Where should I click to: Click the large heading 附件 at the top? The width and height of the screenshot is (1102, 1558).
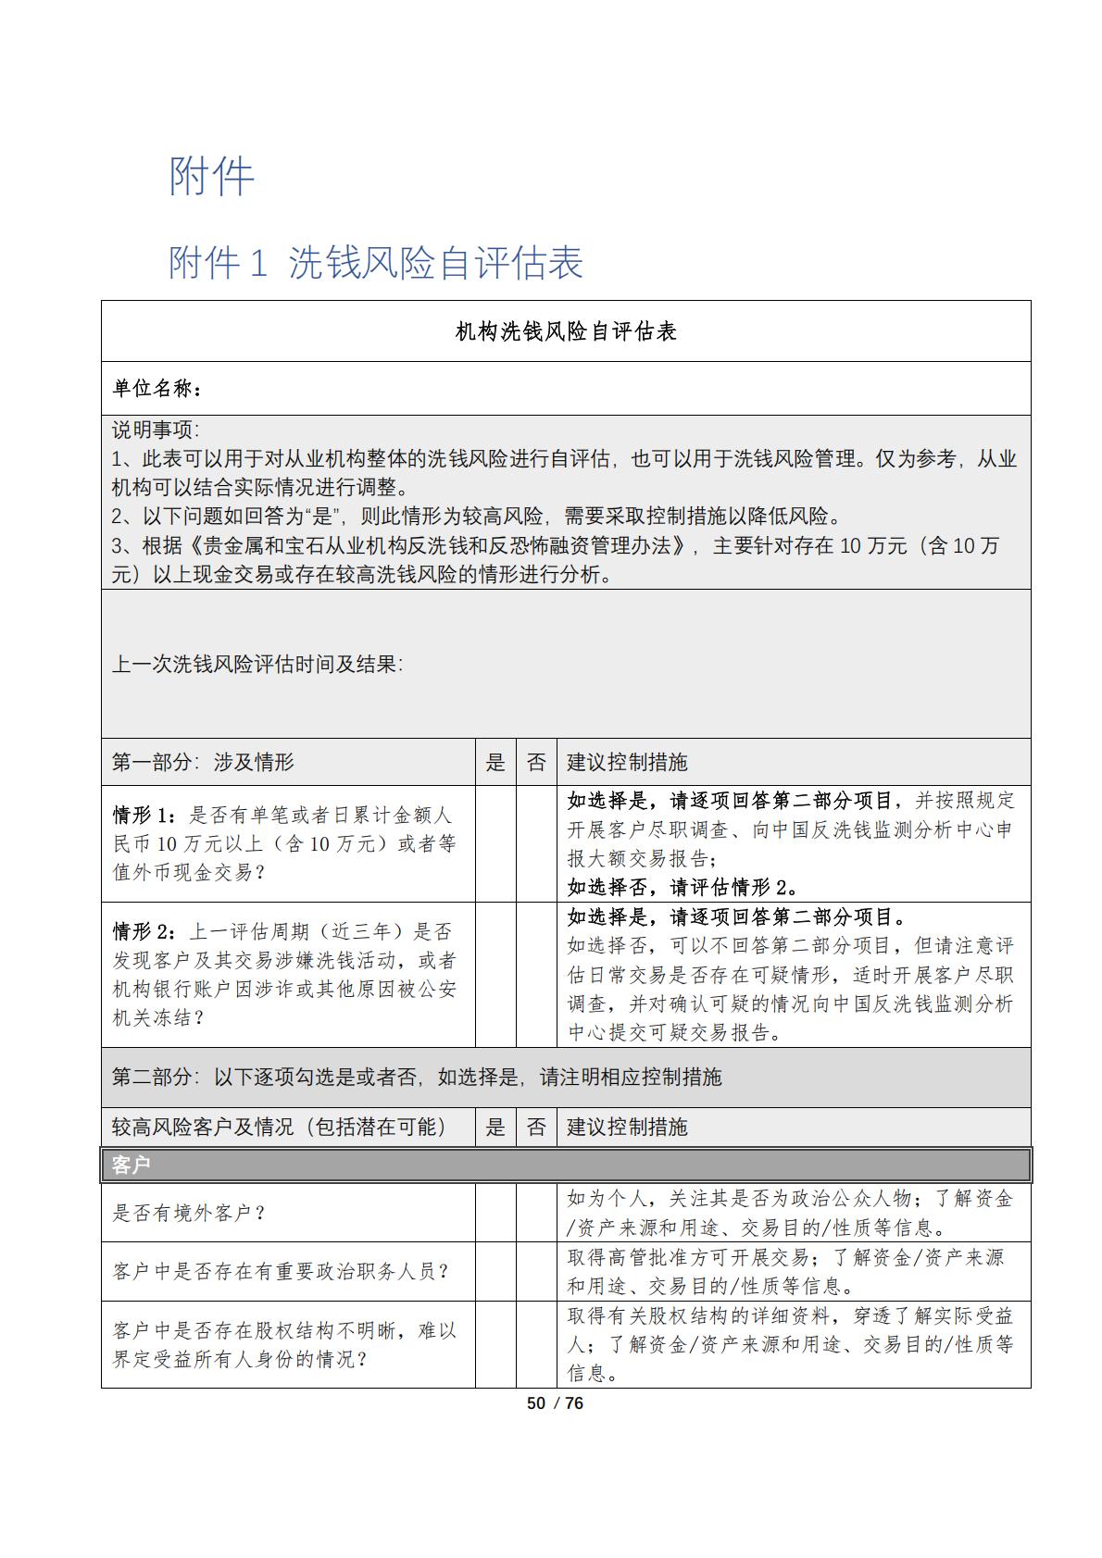click(211, 177)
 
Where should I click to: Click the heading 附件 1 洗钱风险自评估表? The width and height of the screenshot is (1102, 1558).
click(375, 263)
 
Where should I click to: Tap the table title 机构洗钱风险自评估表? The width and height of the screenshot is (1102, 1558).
click(566, 331)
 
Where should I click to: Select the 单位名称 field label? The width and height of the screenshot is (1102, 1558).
click(155, 389)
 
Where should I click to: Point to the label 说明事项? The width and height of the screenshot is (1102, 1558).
click(155, 430)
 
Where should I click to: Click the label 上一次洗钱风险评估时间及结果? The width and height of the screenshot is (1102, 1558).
click(257, 664)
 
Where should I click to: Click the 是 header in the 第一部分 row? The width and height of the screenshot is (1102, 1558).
click(495, 762)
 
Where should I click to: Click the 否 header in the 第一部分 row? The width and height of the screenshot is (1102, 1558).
click(536, 762)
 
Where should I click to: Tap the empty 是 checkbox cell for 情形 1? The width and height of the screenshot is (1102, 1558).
click(495, 843)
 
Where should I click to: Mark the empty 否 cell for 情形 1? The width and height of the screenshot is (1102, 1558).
click(536, 843)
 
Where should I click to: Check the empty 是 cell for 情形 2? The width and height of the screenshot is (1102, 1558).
click(495, 975)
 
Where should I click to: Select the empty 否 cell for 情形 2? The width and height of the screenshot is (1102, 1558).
click(536, 975)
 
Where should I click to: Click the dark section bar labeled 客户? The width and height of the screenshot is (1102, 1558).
click(566, 1165)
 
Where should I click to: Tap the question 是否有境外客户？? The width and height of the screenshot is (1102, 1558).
click(189, 1213)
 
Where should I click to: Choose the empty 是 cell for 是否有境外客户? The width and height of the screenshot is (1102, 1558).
click(495, 1213)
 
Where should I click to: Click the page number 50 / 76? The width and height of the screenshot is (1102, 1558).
click(555, 1402)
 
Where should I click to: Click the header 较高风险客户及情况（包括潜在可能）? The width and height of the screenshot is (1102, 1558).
click(279, 1127)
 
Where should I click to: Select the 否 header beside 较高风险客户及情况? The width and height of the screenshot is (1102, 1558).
click(536, 1127)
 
